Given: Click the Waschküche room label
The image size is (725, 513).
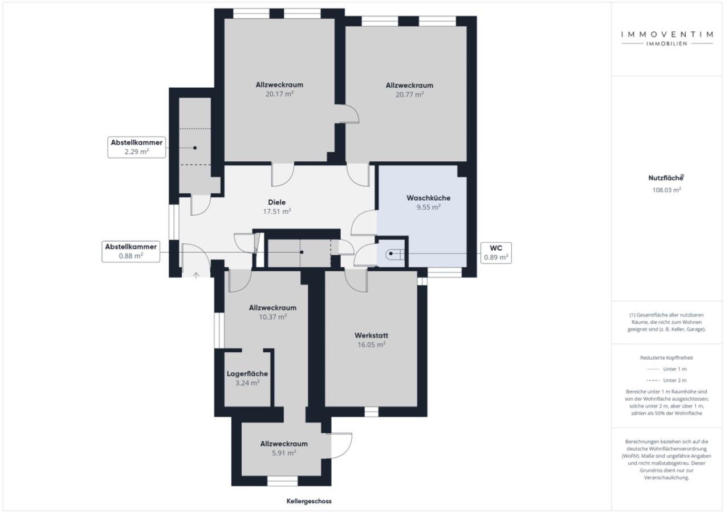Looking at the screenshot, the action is click(x=428, y=198).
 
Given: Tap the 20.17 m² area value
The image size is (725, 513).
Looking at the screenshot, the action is click(x=279, y=94).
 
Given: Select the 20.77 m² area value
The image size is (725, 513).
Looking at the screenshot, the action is click(x=409, y=95).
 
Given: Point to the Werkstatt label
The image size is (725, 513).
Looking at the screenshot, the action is click(x=371, y=335).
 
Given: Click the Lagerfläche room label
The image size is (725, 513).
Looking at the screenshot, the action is click(x=247, y=374).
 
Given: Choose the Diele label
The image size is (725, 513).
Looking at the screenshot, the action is click(x=277, y=202).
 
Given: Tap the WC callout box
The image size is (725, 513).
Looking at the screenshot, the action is click(x=496, y=253).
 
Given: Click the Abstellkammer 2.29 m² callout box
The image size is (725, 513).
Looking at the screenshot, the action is click(x=137, y=147).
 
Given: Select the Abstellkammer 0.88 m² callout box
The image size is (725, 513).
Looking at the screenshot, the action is click(x=131, y=251).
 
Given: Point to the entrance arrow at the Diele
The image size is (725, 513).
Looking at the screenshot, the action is click(x=196, y=275).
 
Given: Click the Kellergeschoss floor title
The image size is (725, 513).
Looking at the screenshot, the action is click(x=309, y=501).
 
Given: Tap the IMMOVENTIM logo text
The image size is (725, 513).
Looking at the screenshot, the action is click(x=667, y=34).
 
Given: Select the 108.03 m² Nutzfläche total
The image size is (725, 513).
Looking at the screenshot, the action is click(x=666, y=190).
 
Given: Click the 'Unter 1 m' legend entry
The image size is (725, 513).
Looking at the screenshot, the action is click(x=666, y=369).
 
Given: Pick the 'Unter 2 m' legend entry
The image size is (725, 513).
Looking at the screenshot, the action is click(x=666, y=380).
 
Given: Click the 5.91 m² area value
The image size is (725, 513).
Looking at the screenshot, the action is click(x=284, y=453).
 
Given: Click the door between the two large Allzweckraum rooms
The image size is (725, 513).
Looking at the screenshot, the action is click(x=347, y=113).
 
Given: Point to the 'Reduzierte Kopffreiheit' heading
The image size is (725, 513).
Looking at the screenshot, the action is click(x=666, y=357).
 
